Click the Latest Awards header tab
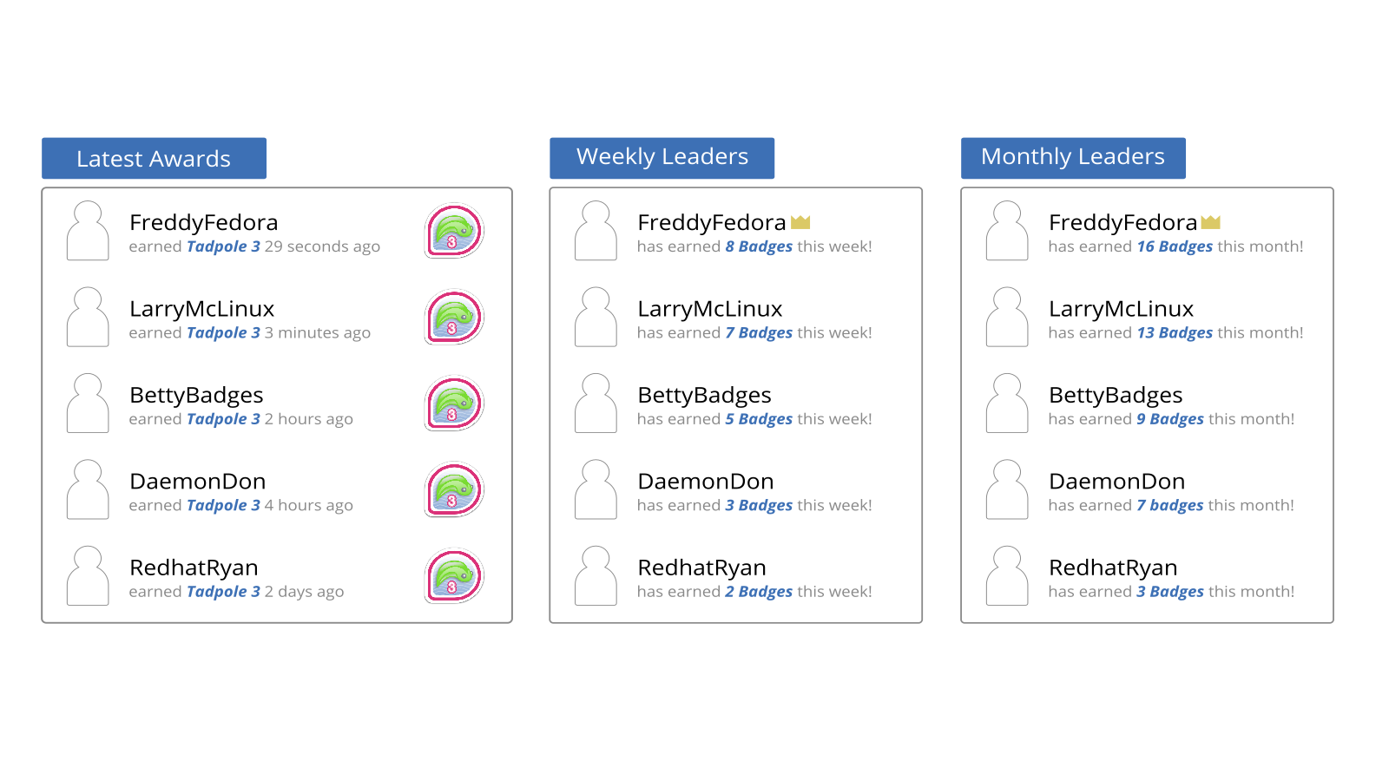point(154,158)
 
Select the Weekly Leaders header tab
point(662,158)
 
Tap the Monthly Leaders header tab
point(1073,158)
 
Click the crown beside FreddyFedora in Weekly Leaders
point(800,222)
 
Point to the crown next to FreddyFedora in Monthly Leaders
point(1210,222)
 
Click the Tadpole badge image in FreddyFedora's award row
point(454,231)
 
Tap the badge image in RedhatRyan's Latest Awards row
point(454,576)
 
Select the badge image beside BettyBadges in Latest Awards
point(454,404)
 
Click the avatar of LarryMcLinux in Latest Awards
point(88,317)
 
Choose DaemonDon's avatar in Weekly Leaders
point(596,489)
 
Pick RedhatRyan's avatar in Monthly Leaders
point(1006,575)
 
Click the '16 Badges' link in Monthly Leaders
point(1175,246)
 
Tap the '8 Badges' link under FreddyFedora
point(759,246)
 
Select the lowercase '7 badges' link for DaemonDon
point(1170,505)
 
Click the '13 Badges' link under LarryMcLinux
point(1175,333)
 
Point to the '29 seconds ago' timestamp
point(322,246)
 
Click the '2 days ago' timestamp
point(305,592)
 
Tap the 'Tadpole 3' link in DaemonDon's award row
point(223,505)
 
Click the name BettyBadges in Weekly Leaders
point(704,396)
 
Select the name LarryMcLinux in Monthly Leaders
point(1121,309)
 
